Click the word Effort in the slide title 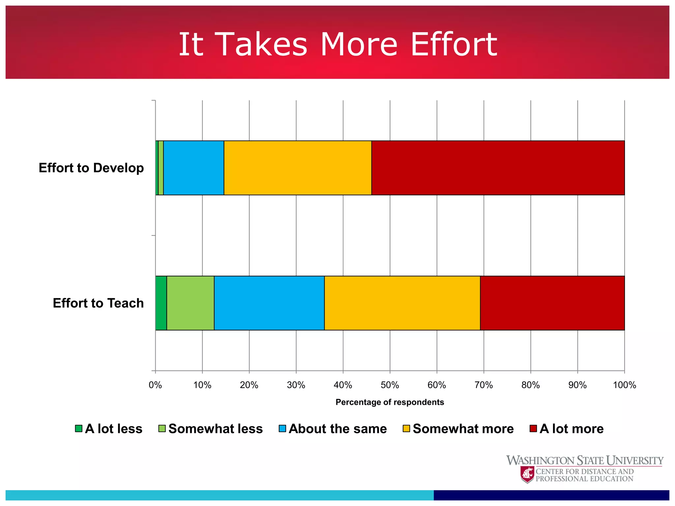click(454, 44)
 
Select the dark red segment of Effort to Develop click(498, 168)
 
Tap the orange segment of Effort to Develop click(298, 168)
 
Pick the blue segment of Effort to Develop click(194, 168)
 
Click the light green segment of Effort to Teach click(191, 303)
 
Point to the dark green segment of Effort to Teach click(161, 303)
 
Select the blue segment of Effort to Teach click(269, 303)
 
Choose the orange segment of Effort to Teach click(402, 303)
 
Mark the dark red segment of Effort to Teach click(552, 303)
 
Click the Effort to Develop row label click(91, 168)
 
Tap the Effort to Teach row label click(98, 303)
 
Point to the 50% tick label click(390, 385)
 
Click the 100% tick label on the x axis click(624, 385)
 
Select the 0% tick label click(155, 385)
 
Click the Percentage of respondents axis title click(390, 402)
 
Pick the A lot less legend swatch click(78, 429)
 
